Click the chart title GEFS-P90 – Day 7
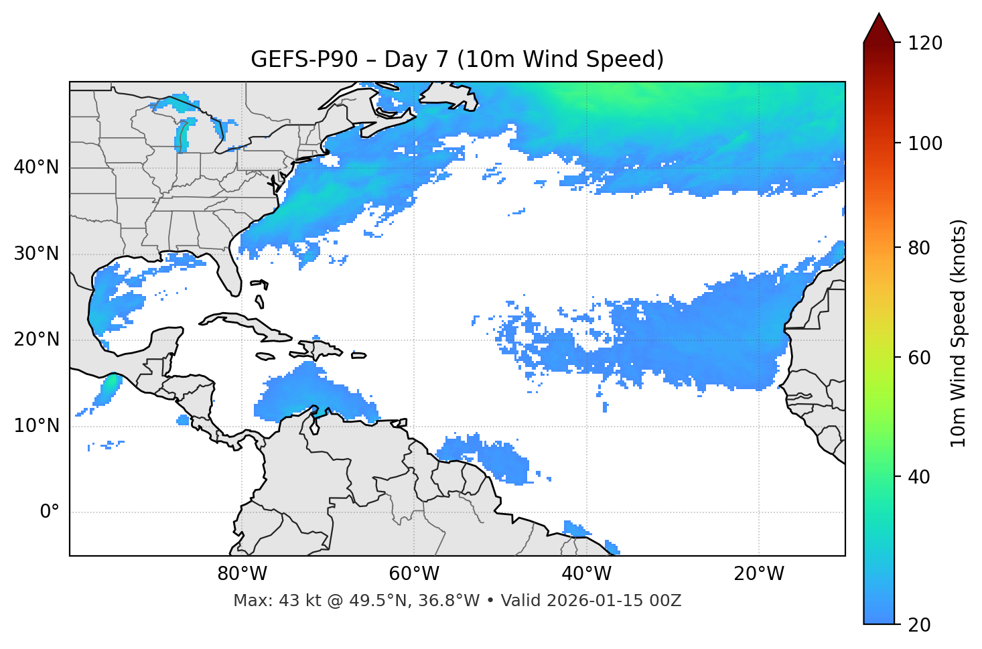pos(457,60)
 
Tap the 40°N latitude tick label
pos(36,167)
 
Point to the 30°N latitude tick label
pos(36,254)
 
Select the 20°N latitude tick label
pos(36,340)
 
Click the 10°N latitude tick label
pos(36,426)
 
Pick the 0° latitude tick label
pos(50,512)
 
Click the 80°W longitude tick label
pos(242,574)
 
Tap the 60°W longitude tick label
pos(414,574)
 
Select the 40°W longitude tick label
pos(586,574)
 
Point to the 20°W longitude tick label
pos(758,574)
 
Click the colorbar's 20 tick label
pos(920,625)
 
